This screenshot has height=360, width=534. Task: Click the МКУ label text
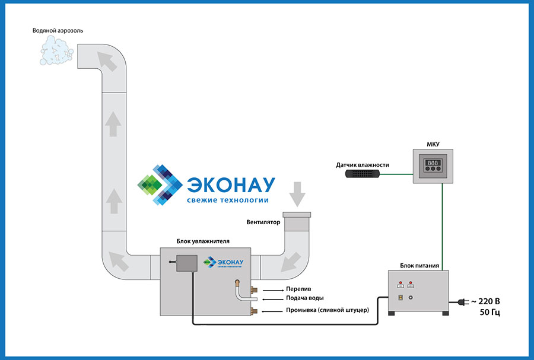point(433,143)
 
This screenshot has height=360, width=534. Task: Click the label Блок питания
point(419,266)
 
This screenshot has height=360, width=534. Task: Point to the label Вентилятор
point(265,223)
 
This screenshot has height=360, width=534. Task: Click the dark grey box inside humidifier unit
point(187,262)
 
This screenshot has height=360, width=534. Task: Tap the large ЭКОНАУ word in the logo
point(231,184)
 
